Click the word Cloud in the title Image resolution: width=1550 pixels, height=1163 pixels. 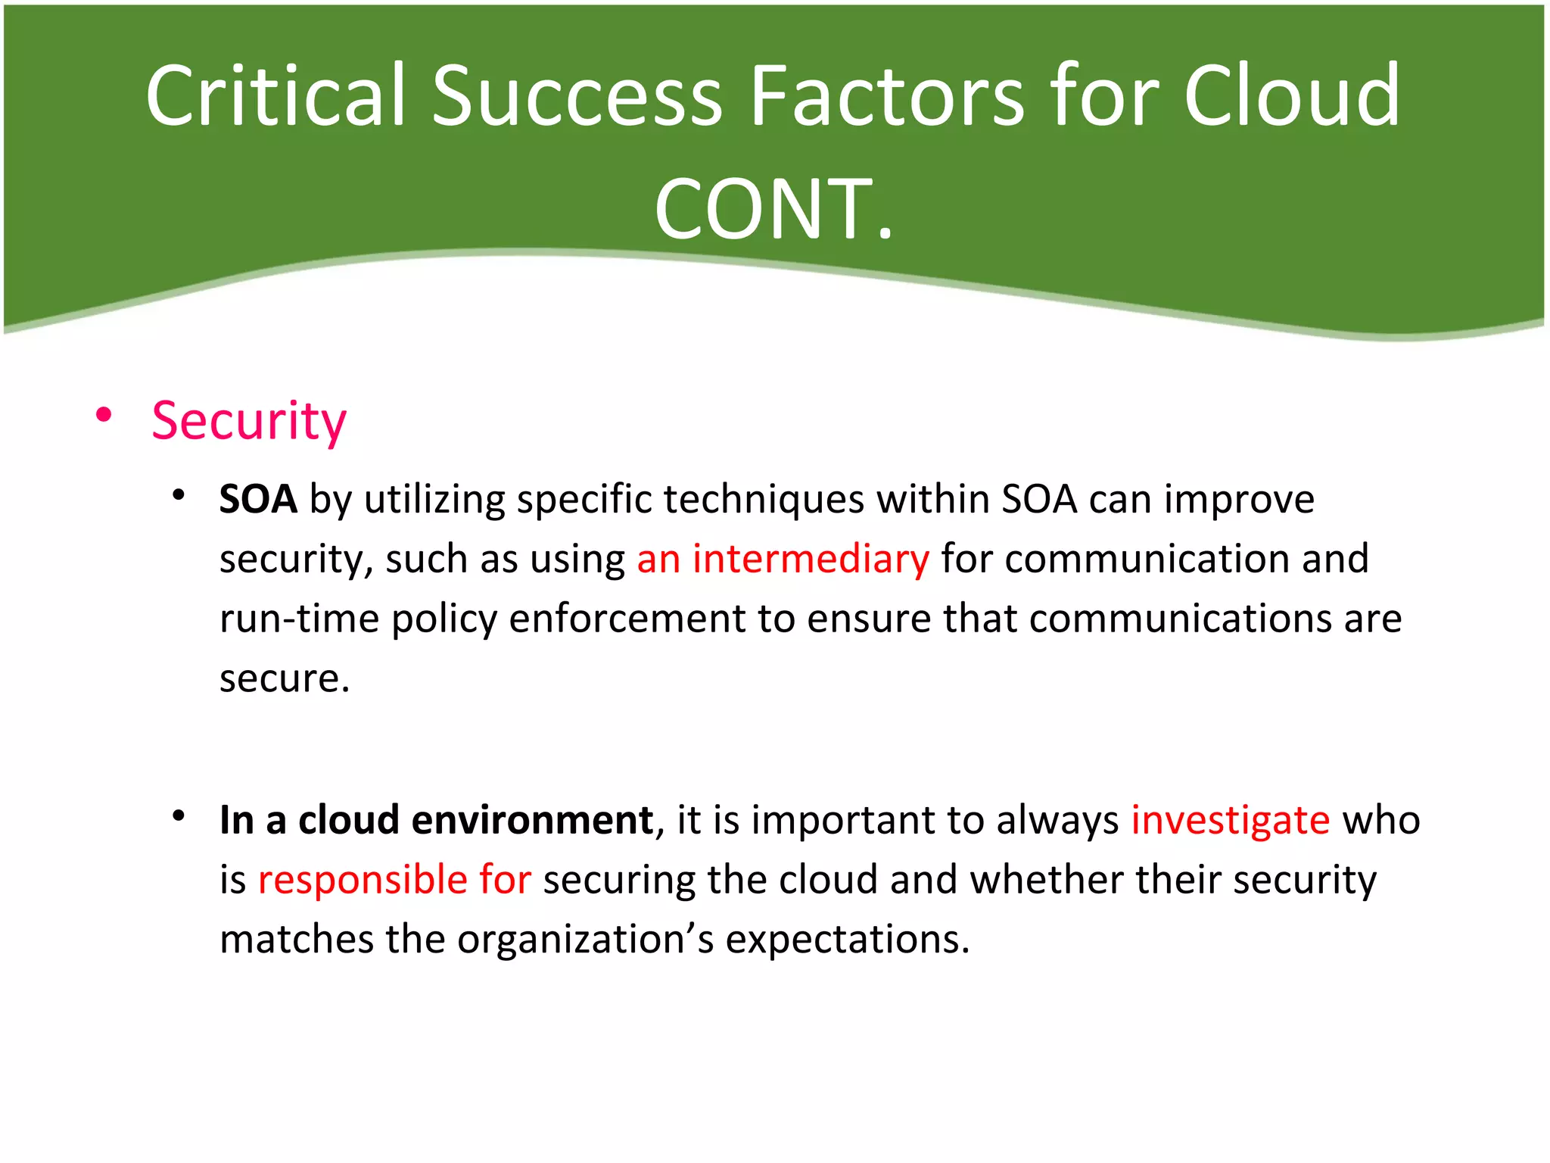(1291, 96)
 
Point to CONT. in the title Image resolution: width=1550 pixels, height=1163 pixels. (774, 210)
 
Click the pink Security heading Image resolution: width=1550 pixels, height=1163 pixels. (249, 421)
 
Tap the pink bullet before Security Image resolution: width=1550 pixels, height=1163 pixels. (104, 414)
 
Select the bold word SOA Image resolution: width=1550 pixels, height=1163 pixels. (258, 500)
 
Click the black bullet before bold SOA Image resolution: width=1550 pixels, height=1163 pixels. (179, 496)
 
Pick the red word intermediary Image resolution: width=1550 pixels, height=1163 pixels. (811, 559)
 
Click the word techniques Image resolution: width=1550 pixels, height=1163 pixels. (764, 500)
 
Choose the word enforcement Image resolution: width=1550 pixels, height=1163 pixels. (627, 619)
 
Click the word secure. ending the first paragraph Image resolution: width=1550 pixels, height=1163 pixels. (285, 678)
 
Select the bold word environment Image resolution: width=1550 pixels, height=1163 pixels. (532, 820)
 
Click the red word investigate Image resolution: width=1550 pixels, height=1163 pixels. (1230, 820)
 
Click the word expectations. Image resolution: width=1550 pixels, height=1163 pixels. (847, 940)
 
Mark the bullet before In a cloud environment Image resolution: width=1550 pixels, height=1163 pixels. (179, 816)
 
